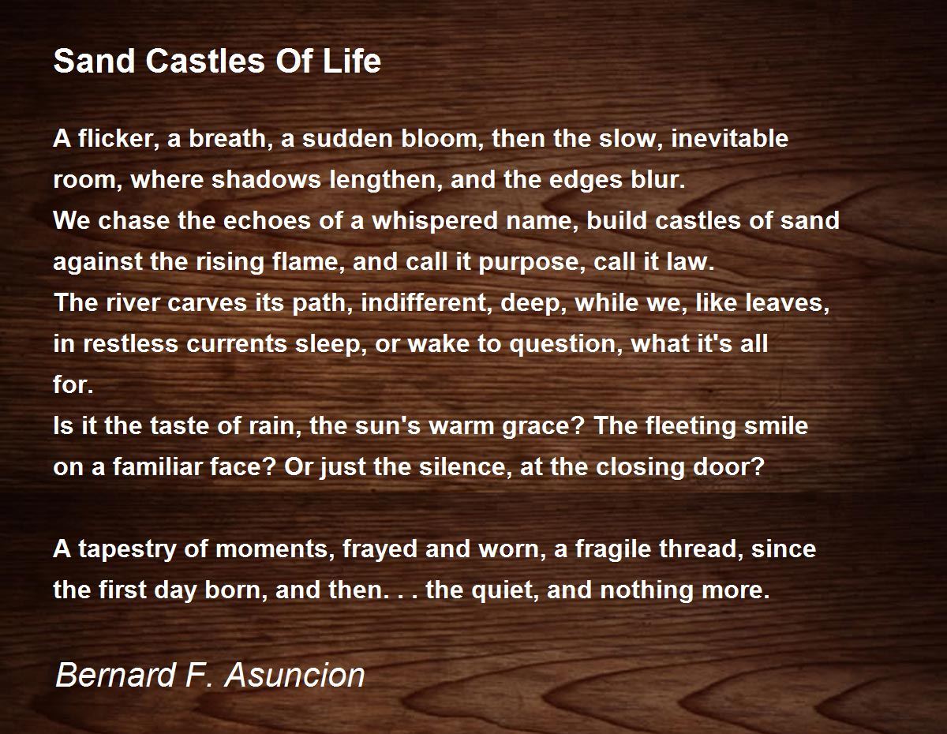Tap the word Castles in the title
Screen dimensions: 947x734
pyautogui.click(x=205, y=60)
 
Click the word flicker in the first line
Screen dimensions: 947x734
pyautogui.click(x=119, y=139)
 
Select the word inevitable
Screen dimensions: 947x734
pyautogui.click(x=729, y=139)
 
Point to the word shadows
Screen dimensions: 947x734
pyautogui.click(x=266, y=180)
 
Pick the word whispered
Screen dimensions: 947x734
pyautogui.click(x=435, y=220)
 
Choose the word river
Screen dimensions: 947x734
pyautogui.click(x=133, y=302)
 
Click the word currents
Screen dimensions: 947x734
pyautogui.click(x=236, y=344)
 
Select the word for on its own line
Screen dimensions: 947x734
pyautogui.click(x=73, y=384)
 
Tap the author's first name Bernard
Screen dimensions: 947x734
pyautogui.click(x=115, y=675)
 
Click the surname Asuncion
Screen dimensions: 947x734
pyautogui.click(x=294, y=675)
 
